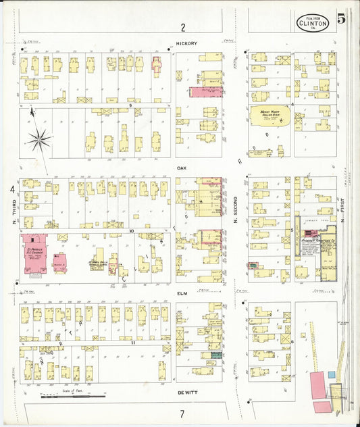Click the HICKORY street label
(x=186, y=43)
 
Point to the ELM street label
(x=181, y=293)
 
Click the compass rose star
(x=39, y=141)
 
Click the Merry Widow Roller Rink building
(x=270, y=117)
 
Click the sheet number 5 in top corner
(x=342, y=19)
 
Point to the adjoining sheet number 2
(x=182, y=28)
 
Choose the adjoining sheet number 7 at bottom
(x=182, y=413)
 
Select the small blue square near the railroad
(x=332, y=374)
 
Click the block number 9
(x=129, y=106)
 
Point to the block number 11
(x=133, y=343)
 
